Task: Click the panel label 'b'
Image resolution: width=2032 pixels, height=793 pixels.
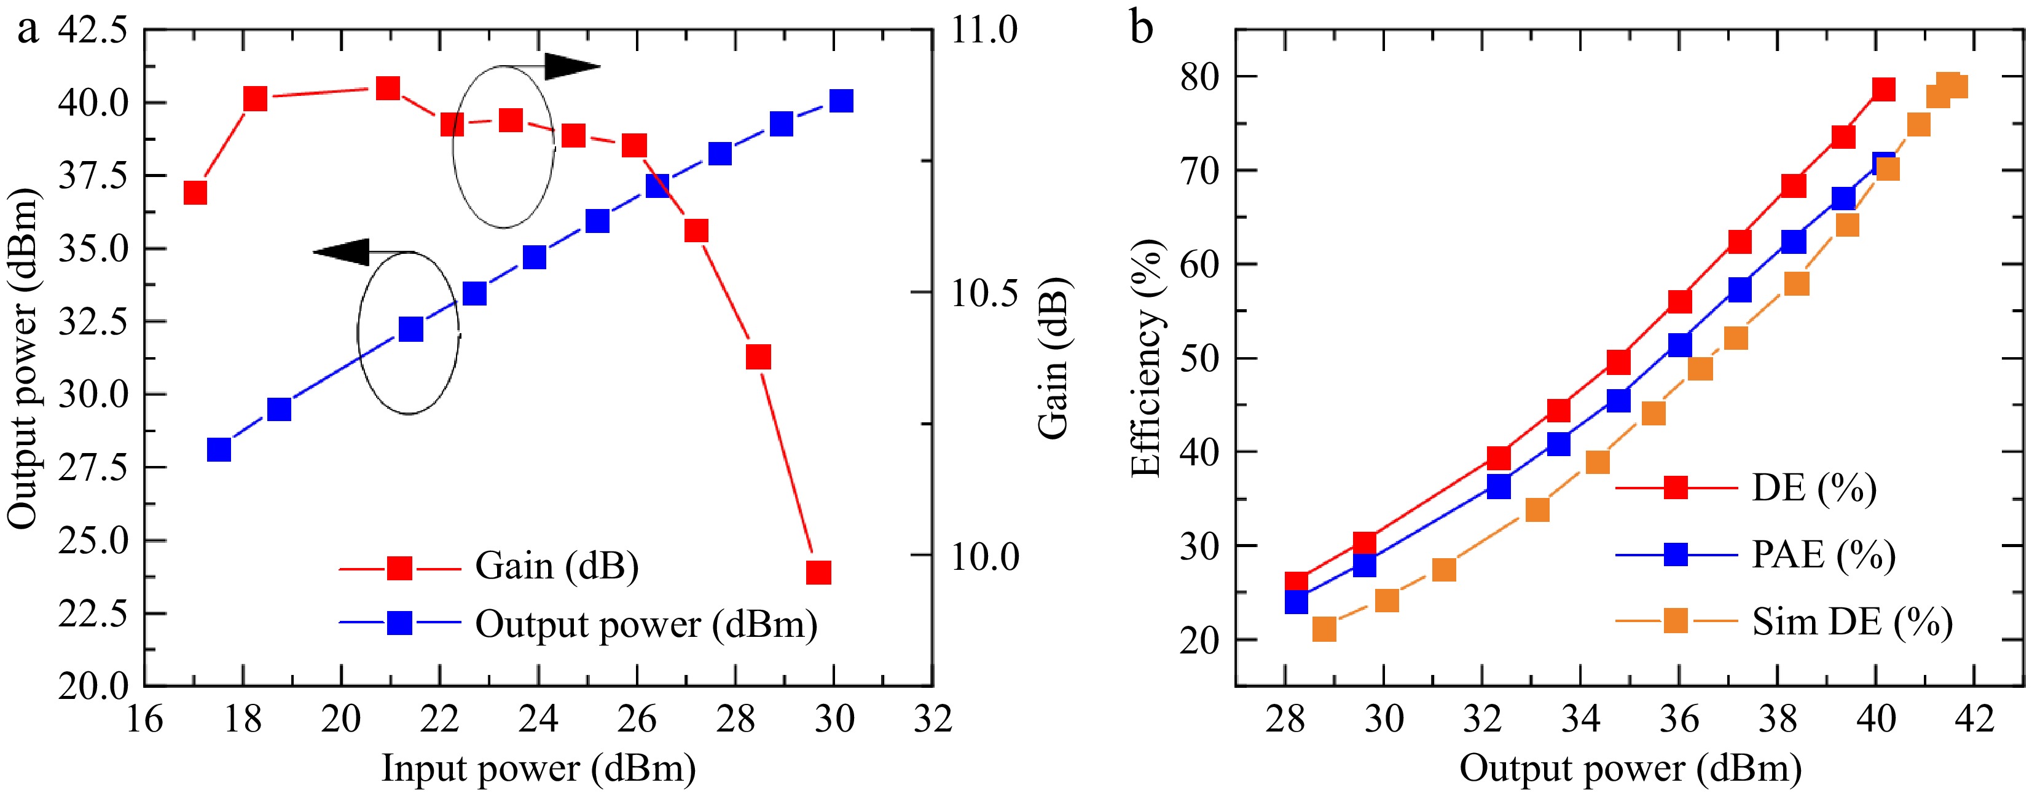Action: coord(1142,28)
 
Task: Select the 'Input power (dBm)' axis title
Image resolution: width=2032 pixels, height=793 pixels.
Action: coord(539,768)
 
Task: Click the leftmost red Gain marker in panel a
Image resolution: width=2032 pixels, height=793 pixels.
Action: coord(195,192)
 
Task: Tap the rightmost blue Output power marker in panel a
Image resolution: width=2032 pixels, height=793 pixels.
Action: coord(842,101)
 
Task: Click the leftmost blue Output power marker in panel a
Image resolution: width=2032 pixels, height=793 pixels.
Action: coord(219,449)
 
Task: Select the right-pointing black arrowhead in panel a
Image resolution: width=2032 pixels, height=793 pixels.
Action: coord(573,66)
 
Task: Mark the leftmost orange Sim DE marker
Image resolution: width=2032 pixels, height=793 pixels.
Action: coord(1324,629)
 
